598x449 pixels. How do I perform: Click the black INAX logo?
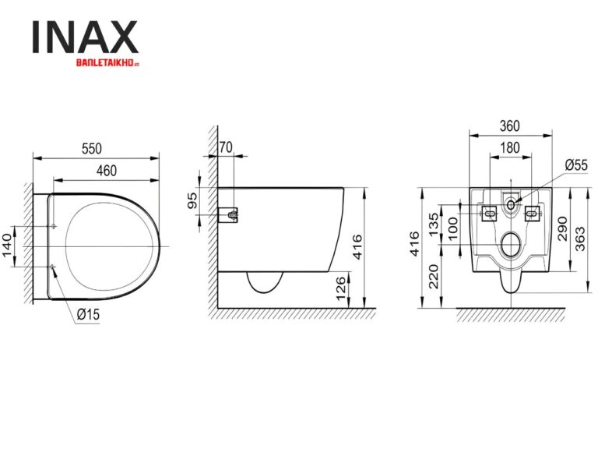[x=85, y=37]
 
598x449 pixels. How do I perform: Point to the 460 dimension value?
[x=107, y=167]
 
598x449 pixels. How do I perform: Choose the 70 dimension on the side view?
[x=226, y=145]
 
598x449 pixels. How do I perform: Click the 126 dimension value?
[x=340, y=288]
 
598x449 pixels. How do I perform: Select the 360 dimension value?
[x=509, y=126]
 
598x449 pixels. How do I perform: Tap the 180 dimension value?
[x=509, y=146]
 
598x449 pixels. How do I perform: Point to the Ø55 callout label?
[x=576, y=165]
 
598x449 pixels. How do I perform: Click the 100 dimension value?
[x=452, y=232]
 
